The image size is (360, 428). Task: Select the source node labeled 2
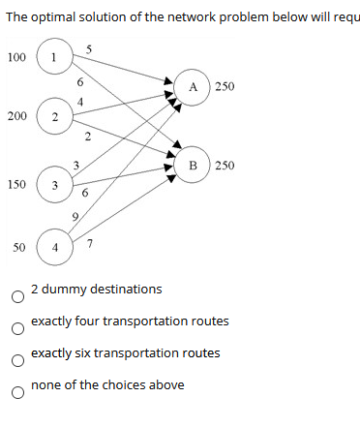tap(54, 117)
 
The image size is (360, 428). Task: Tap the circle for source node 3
tap(54, 184)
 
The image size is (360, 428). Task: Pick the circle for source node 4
tap(54, 248)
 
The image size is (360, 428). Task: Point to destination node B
tap(194, 166)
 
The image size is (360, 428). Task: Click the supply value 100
tap(16, 57)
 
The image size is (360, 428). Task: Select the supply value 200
tap(16, 116)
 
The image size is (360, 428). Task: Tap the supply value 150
tap(16, 183)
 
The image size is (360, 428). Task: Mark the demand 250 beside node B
tap(225, 166)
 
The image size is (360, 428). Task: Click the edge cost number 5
tap(88, 49)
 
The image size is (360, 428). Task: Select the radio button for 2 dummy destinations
tap(16, 296)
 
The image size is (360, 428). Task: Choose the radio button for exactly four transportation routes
tap(16, 328)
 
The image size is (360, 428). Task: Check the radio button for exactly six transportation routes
tap(16, 360)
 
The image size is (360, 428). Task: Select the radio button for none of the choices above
tap(16, 392)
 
